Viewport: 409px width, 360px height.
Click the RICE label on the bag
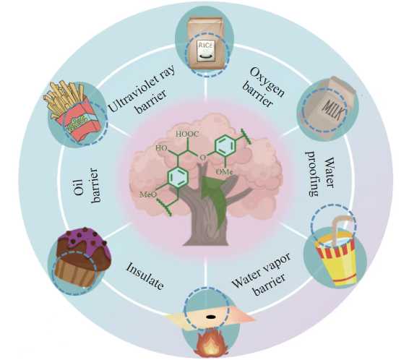206,46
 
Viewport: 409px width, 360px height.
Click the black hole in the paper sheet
211,317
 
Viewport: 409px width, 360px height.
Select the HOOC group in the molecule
187,134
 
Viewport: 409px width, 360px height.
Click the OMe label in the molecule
224,172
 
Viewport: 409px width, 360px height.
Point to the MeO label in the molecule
148,194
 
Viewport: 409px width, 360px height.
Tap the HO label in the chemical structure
161,148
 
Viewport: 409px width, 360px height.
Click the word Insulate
145,275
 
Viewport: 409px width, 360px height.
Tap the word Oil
78,187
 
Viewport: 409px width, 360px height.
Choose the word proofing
312,173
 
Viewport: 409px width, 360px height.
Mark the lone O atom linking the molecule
202,158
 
